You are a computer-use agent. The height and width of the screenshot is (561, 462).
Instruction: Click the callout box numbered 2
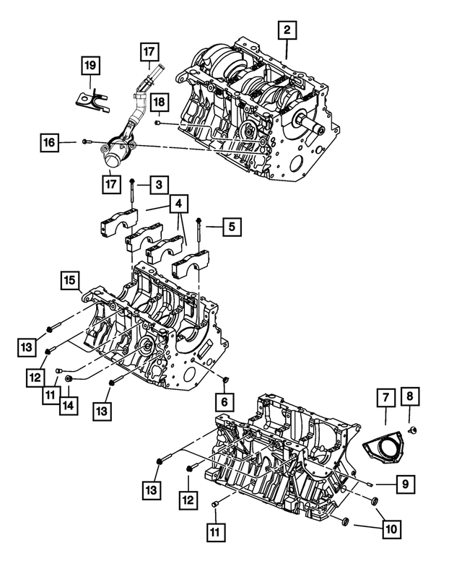(287, 30)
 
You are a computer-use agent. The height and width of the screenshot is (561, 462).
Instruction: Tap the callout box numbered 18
(159, 103)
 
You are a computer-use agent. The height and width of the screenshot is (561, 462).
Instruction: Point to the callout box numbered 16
(48, 144)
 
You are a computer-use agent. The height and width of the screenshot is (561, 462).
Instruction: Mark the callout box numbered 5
(231, 227)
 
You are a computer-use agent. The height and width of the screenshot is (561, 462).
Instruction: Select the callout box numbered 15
(69, 279)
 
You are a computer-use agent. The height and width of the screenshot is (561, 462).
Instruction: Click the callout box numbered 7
(385, 396)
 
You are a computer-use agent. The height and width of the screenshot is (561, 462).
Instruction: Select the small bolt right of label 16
(85, 142)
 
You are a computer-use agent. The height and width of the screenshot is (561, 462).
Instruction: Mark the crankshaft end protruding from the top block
(313, 126)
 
